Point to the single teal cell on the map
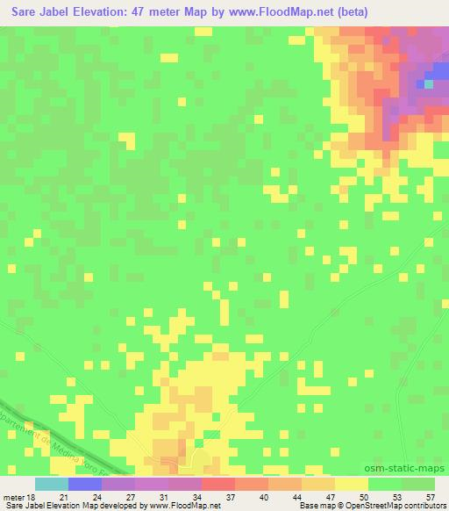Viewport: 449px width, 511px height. click(x=429, y=84)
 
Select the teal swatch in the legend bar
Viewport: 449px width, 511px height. click(x=51, y=484)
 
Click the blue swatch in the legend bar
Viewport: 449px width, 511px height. click(x=84, y=484)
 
